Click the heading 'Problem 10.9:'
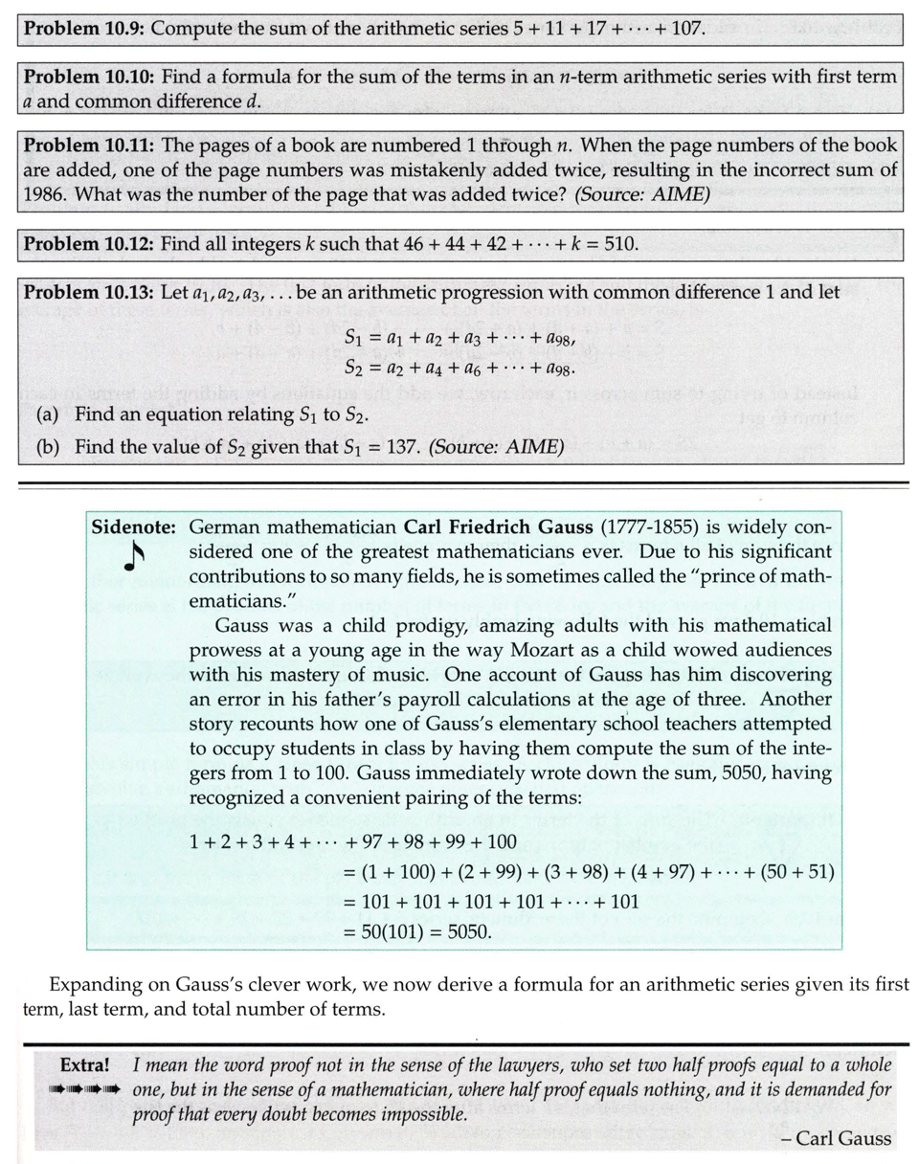click(84, 28)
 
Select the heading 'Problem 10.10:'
click(89, 77)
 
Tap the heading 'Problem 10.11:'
click(89, 146)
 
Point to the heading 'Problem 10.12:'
click(89, 243)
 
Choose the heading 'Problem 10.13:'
click(89, 293)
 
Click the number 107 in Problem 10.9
click(686, 28)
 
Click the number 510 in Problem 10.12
click(619, 243)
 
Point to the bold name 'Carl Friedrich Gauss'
click(498, 528)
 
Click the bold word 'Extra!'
click(88, 1064)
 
